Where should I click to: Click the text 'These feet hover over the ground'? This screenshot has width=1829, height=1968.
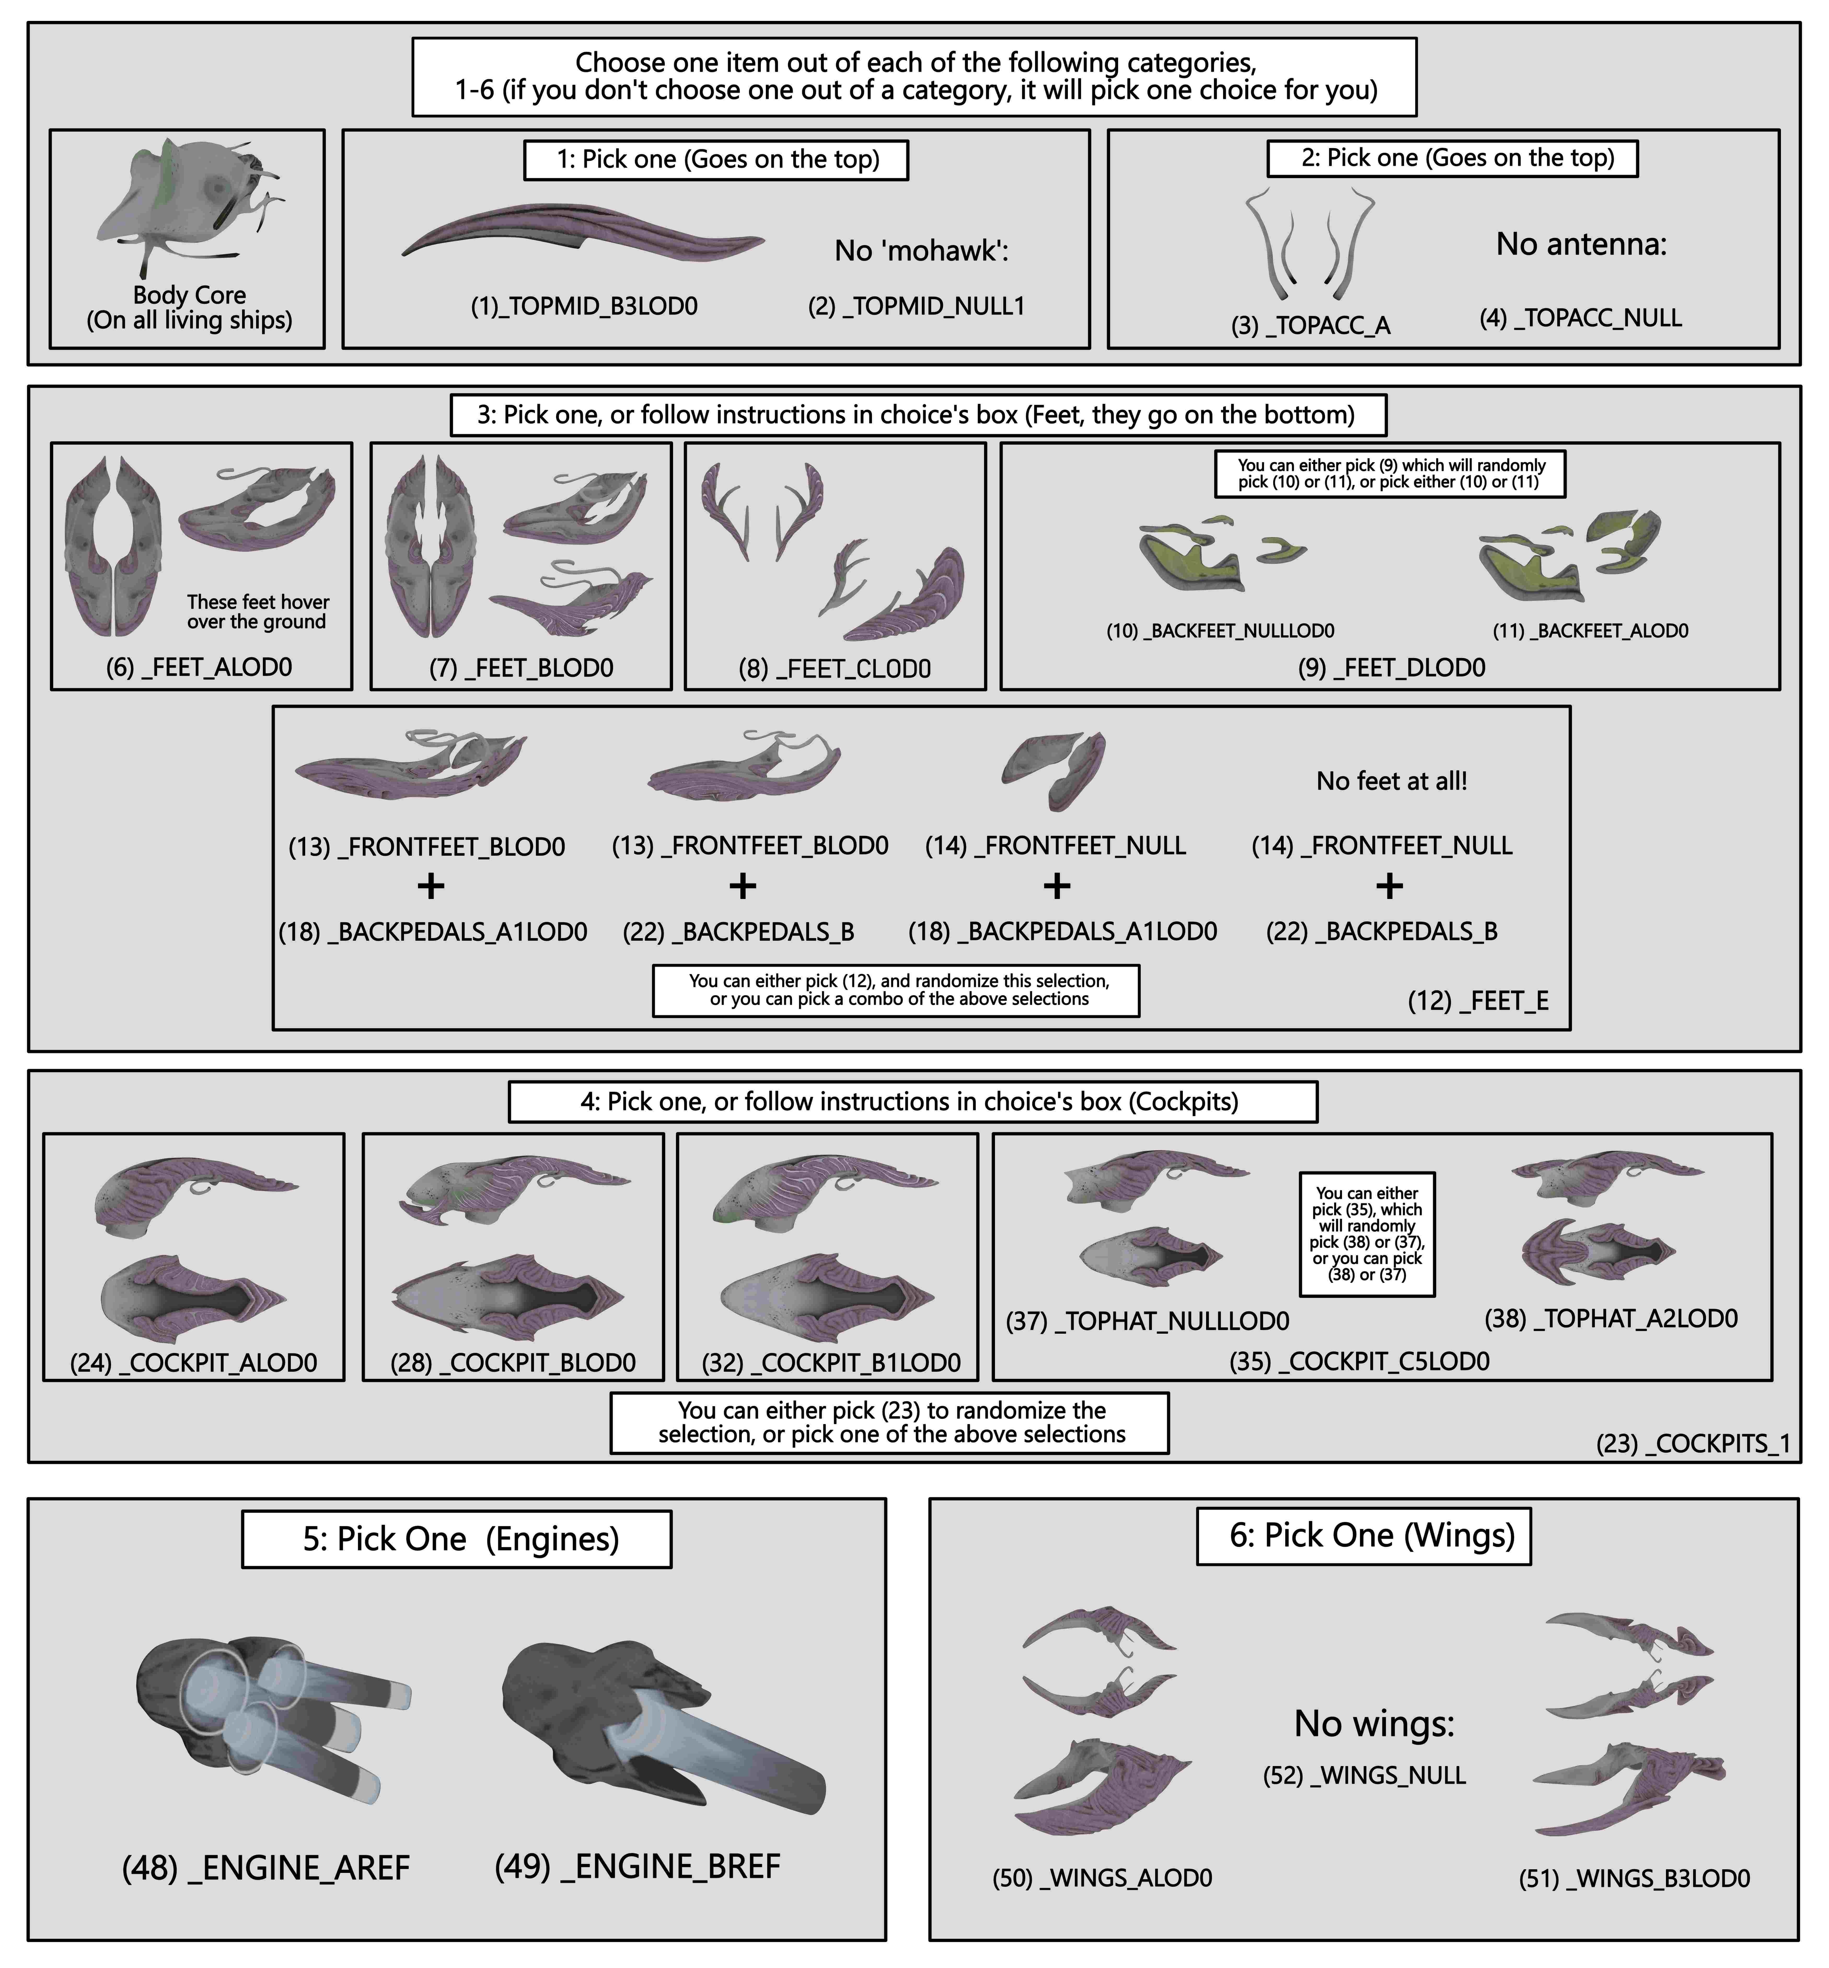257,612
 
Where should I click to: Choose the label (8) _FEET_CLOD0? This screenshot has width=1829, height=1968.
834,669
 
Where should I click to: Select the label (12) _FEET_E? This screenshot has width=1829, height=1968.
1478,1001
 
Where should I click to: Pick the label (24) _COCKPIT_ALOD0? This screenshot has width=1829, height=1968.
194,1363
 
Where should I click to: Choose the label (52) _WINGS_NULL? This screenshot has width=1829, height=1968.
1364,1775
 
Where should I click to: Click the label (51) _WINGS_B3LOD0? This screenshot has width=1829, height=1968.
1634,1879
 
